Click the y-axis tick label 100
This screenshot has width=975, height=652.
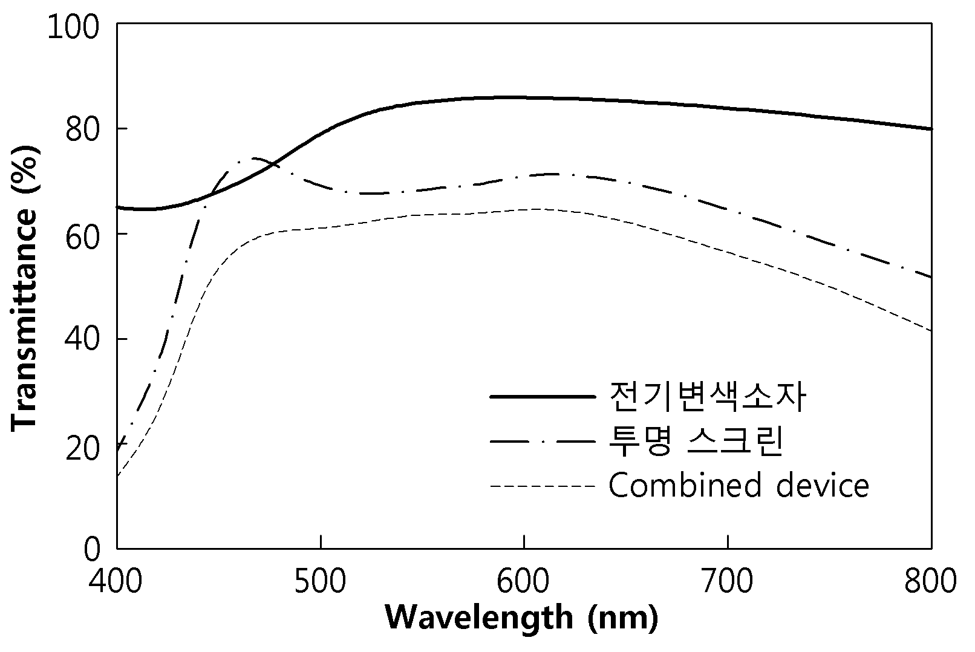[73, 27]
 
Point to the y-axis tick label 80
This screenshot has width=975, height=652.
[82, 129]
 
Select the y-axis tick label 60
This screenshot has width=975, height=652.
[82, 236]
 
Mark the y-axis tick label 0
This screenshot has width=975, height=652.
[91, 549]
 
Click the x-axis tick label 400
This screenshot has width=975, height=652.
[116, 581]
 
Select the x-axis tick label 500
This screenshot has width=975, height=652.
[320, 581]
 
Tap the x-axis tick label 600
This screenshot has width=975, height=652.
[523, 581]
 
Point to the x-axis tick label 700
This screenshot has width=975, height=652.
[728, 581]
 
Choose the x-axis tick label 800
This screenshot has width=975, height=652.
[931, 581]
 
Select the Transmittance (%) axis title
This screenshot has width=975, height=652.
[25, 288]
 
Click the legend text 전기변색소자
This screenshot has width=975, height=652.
[707, 397]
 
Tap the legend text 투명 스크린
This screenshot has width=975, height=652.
[696, 441]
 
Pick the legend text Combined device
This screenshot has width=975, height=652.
[739, 485]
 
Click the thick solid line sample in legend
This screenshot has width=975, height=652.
[543, 397]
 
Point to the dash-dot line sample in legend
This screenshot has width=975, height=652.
[543, 442]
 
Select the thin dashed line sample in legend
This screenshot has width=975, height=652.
[543, 486]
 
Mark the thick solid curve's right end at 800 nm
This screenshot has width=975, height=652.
[931, 129]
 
